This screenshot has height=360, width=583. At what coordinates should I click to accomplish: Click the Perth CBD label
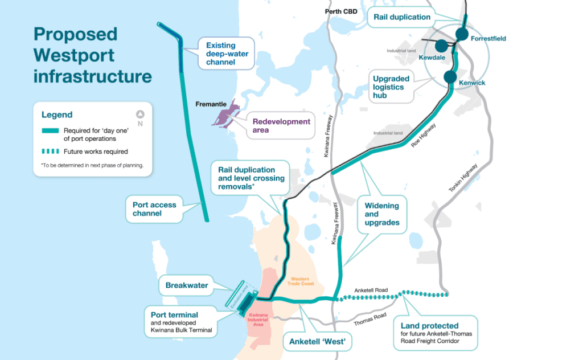[x=340, y=11]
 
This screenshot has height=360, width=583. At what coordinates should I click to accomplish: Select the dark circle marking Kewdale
[x=440, y=46]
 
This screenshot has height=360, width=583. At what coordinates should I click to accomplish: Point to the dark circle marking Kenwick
[x=450, y=77]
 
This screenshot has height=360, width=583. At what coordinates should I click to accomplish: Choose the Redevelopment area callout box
[x=281, y=126]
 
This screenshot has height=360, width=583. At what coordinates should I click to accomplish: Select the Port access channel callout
[x=154, y=209]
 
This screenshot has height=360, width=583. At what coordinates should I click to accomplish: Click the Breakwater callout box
[x=187, y=285]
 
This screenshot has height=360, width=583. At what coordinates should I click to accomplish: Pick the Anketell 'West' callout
[x=317, y=342]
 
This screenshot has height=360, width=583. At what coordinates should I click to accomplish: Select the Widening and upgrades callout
[x=382, y=214]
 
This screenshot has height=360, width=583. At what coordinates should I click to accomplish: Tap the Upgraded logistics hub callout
[x=392, y=87]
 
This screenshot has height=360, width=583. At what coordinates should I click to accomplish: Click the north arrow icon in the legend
[x=140, y=114]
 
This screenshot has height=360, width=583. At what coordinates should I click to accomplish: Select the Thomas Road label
[x=371, y=319]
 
